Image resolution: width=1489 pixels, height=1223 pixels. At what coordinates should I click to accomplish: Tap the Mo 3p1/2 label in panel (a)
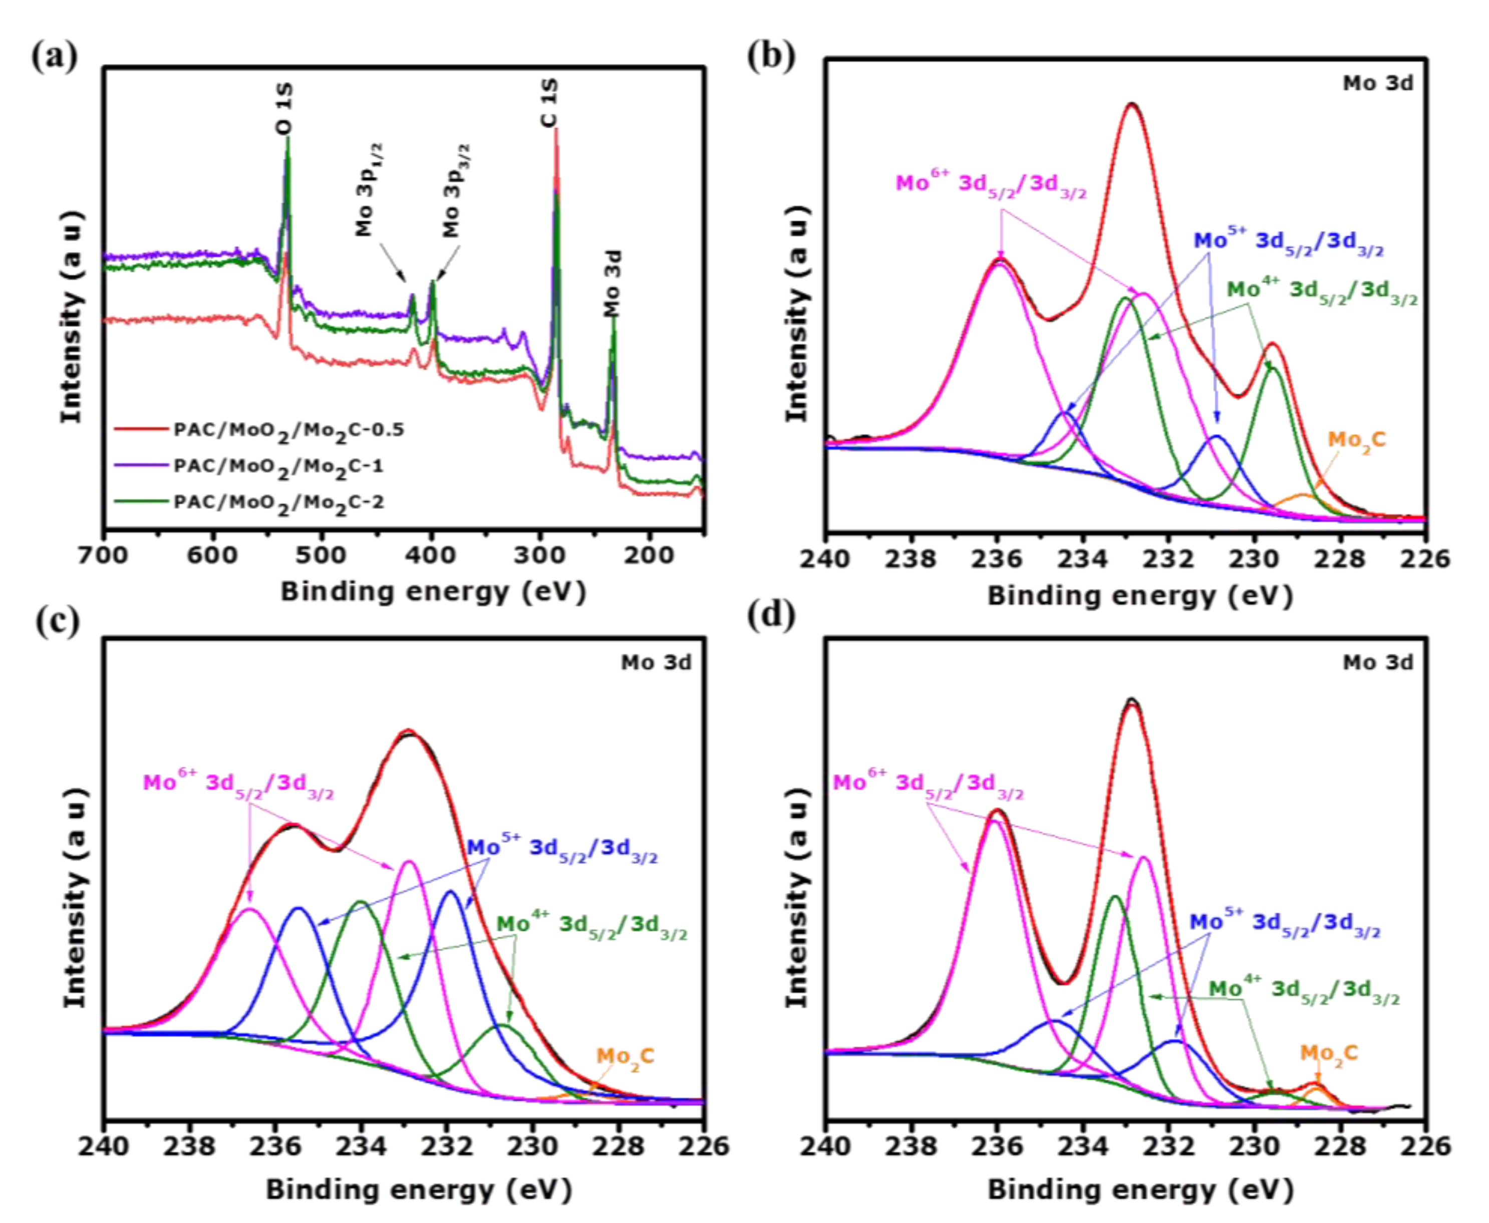coord(369,189)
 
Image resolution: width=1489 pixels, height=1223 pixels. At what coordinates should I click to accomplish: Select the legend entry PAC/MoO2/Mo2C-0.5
coord(289,430)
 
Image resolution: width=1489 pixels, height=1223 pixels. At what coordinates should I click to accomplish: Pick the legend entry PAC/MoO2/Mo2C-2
coord(279,503)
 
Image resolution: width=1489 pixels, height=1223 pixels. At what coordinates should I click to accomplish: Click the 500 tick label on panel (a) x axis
coord(321,556)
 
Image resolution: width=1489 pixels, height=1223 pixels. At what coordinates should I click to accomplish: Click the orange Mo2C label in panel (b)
coord(1356,441)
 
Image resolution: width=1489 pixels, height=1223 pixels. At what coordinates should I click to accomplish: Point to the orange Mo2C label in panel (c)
coord(626,1057)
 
